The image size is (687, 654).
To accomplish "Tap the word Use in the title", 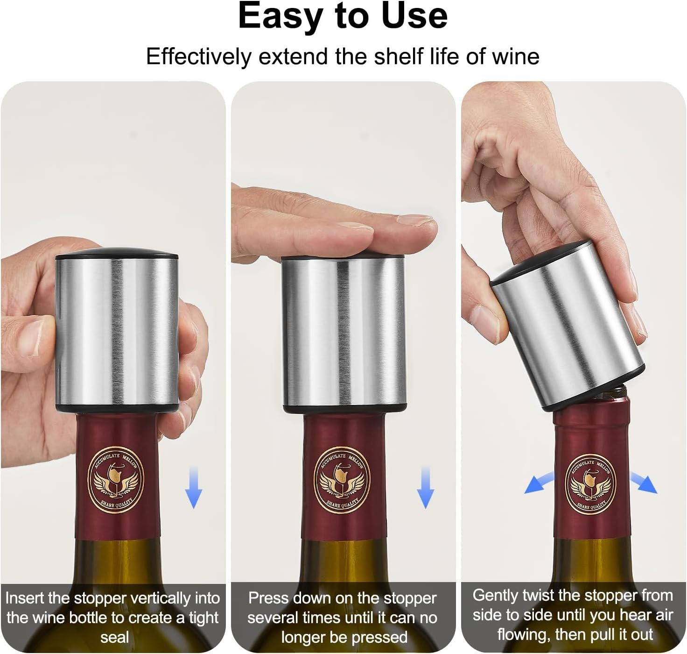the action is click(x=414, y=16).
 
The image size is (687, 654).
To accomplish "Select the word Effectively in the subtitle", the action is click(x=198, y=57).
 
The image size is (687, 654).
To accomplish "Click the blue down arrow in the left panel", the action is click(x=193, y=487).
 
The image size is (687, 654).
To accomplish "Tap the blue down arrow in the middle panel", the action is click(x=425, y=487).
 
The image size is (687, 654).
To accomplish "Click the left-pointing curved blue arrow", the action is click(x=539, y=483).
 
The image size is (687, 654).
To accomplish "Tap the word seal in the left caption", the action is click(x=114, y=637).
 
